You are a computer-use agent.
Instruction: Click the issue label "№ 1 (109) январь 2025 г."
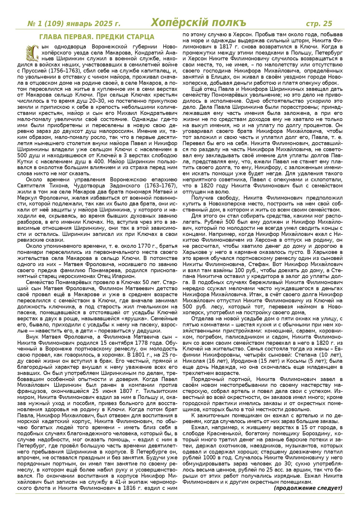point(74,23)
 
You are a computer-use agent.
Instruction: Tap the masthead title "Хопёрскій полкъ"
point(198,23)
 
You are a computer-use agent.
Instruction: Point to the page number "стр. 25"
point(319,23)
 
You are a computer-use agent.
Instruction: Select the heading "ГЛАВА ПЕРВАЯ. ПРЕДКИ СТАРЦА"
point(97,37)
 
